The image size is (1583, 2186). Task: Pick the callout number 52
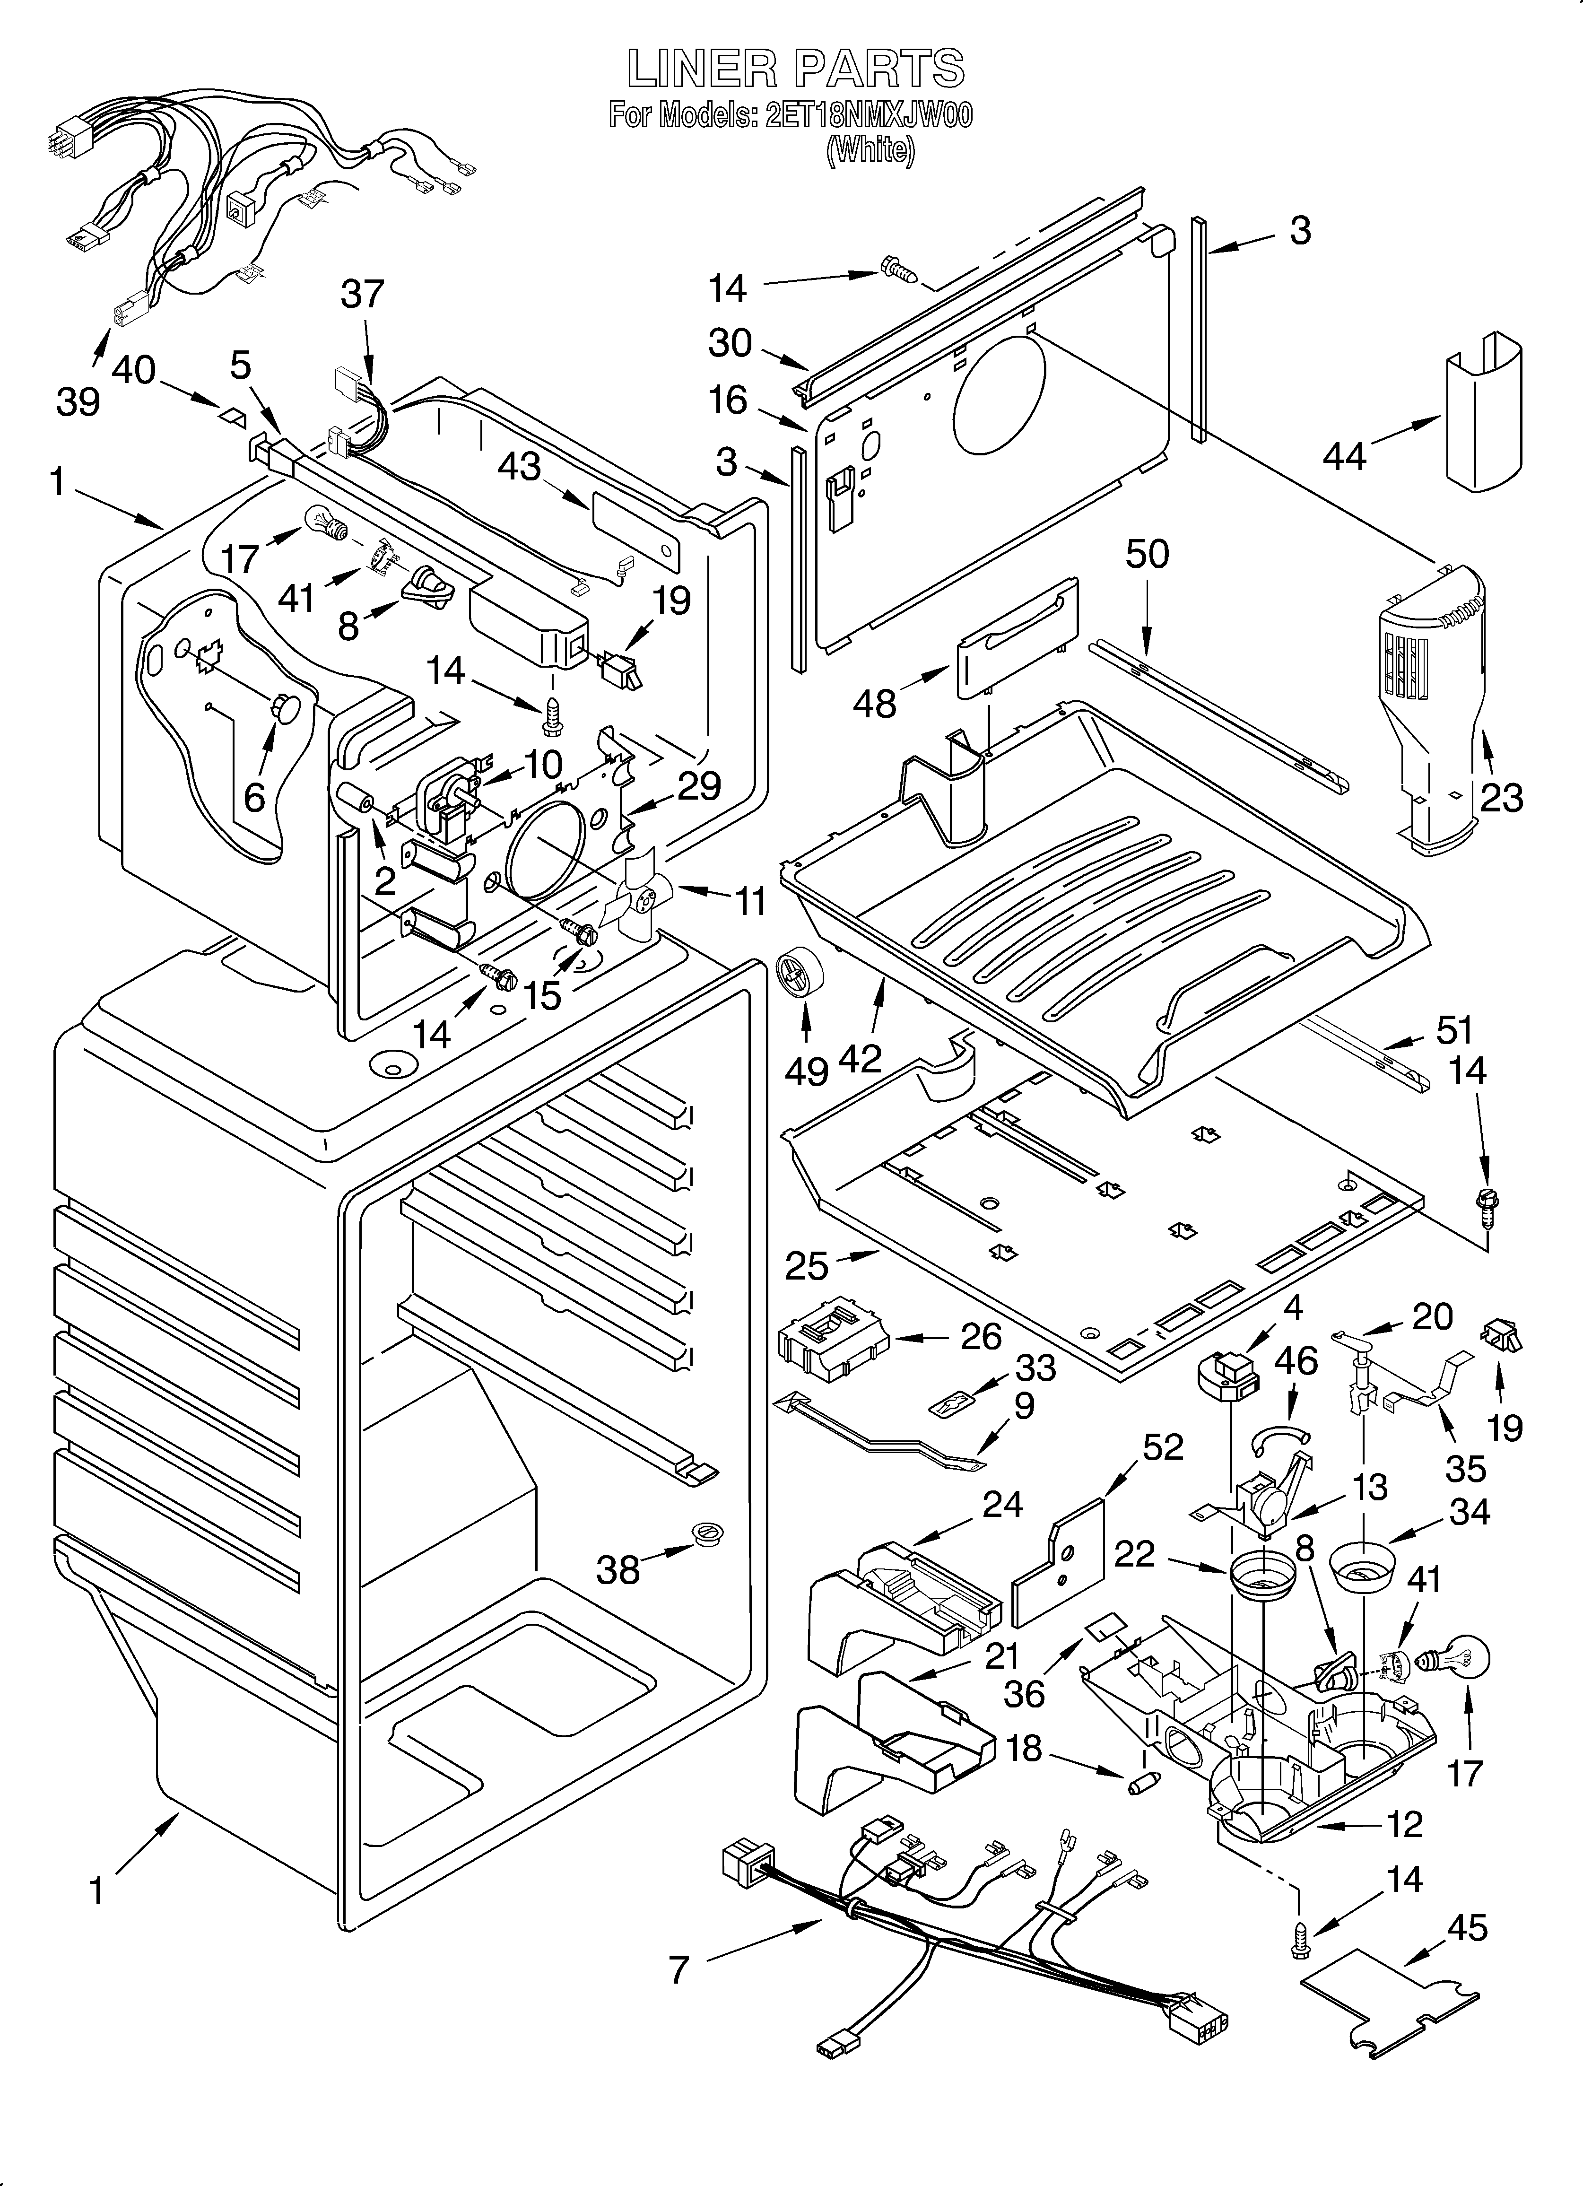click(x=1163, y=1448)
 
